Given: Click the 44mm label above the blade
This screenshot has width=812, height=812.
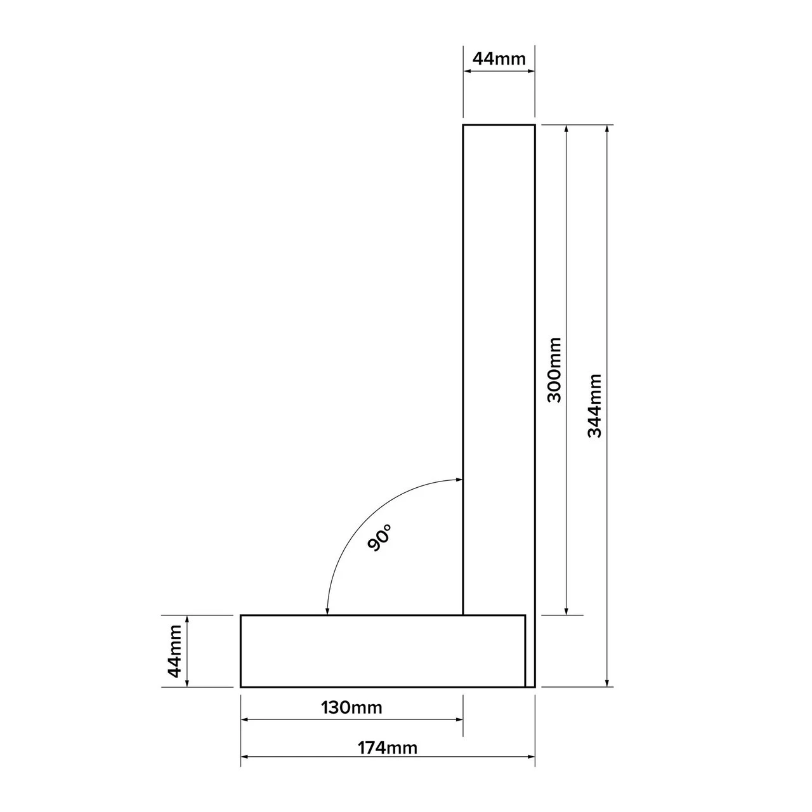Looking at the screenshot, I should [499, 59].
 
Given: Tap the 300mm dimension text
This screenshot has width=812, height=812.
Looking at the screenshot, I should [554, 370].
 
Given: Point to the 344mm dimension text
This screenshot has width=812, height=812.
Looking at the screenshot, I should [594, 405].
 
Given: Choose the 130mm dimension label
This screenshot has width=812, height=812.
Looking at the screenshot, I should [352, 707].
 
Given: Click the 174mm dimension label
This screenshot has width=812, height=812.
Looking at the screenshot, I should [387, 748].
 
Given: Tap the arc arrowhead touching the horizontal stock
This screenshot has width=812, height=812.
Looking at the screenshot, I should [327, 610].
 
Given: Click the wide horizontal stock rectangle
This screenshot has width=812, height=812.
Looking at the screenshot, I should [381, 651].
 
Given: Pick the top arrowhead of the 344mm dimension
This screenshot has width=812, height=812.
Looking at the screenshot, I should [608, 129].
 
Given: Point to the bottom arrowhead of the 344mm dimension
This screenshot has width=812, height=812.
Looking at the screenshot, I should [608, 683].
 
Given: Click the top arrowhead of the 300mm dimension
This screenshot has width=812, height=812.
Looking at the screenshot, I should [566, 129].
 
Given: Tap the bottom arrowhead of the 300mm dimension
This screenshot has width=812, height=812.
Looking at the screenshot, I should [566, 611].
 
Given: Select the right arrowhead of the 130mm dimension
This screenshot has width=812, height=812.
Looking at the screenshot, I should [459, 719].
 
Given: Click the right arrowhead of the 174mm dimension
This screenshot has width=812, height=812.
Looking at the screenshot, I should [531, 757].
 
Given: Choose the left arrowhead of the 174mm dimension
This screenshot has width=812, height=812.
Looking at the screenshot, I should [245, 757].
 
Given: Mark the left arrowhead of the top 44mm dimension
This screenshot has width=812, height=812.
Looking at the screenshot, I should [467, 72].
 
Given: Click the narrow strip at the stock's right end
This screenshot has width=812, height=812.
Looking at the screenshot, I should [530, 651].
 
